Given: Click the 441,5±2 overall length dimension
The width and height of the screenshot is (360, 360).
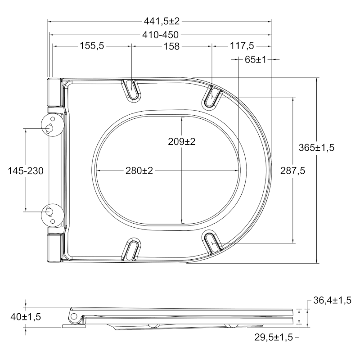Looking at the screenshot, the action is tap(162, 21).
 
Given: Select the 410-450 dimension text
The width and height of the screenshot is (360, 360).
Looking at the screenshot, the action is tap(160, 35).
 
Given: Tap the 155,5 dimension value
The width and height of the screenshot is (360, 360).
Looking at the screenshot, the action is tap(92, 46).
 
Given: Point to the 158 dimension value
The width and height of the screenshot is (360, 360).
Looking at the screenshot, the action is tap(171, 46).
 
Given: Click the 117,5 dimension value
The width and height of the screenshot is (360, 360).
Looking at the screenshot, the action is tap(242, 46).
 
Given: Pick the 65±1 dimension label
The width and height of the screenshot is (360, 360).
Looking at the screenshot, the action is tap(255, 60).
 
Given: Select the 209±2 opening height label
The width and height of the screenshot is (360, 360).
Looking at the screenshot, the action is tap(182, 142).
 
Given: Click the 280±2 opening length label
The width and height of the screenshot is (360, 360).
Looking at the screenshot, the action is tap(139, 171).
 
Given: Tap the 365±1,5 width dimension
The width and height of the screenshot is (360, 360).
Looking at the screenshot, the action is tap(316, 148).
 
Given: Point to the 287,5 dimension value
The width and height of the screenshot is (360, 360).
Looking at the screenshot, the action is tap(293, 171).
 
